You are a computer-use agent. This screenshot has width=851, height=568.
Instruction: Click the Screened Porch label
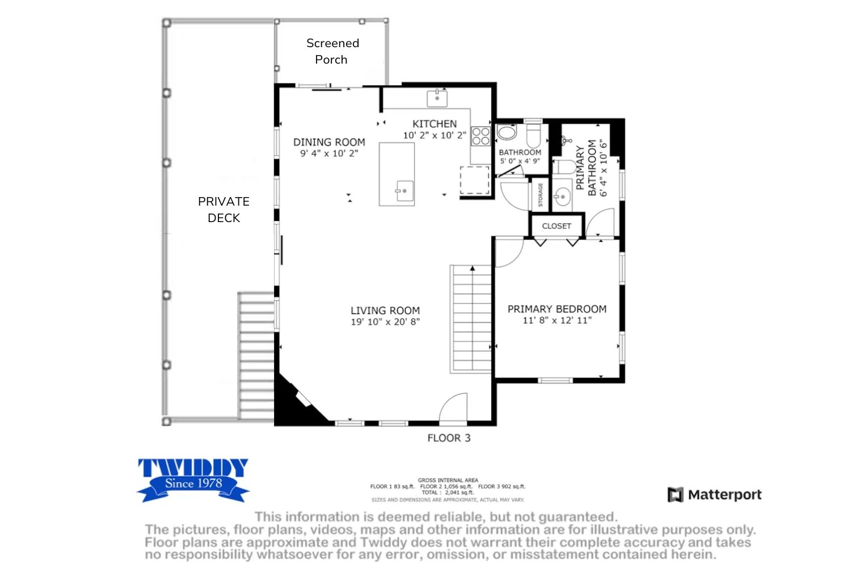[332, 51]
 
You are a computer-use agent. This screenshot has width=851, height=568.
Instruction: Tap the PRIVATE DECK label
[224, 210]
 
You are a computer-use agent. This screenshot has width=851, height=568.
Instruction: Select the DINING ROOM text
[329, 143]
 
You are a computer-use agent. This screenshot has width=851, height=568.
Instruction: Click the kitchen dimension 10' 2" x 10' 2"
[435, 135]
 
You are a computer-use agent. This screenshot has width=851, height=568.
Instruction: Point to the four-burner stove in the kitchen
[481, 136]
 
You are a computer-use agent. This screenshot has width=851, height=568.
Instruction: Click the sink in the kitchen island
[404, 191]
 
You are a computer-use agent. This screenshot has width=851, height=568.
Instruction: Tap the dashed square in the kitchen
[474, 180]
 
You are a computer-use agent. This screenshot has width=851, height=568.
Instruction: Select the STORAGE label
[540, 195]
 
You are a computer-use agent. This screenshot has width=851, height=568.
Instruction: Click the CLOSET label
[557, 226]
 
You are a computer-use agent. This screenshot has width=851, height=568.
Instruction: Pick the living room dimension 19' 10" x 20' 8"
[385, 322]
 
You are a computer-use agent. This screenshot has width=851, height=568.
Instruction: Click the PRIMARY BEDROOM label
[557, 309]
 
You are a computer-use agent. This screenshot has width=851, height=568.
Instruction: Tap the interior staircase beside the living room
[471, 319]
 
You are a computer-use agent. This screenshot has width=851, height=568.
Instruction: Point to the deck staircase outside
[256, 356]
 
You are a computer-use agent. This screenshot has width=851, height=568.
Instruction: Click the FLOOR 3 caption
[449, 438]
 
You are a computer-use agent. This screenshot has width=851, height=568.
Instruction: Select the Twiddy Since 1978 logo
[193, 481]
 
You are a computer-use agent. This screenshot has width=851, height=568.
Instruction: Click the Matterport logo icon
[676, 495]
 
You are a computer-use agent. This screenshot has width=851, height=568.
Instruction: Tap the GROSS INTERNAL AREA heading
[448, 480]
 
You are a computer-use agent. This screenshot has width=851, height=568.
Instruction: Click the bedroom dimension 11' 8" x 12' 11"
[557, 320]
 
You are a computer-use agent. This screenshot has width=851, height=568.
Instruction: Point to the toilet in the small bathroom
[533, 134]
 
